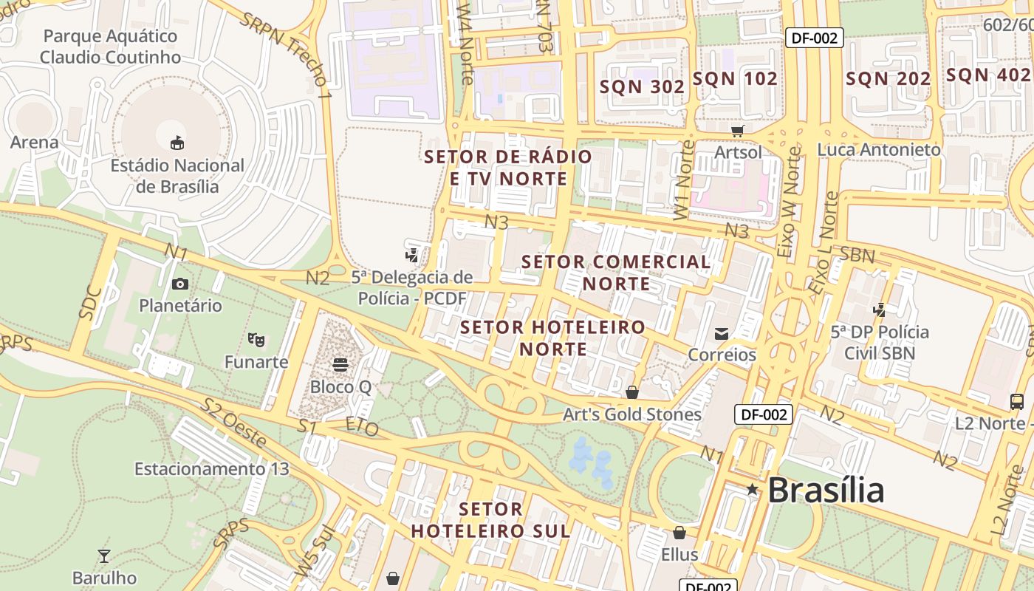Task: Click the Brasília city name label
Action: (825, 491)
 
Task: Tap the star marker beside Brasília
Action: (752, 489)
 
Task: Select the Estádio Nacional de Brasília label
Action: (177, 176)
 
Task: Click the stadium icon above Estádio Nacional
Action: (177, 143)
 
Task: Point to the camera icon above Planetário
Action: (179, 284)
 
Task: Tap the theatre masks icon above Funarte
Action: (256, 340)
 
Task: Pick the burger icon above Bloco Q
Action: (340, 364)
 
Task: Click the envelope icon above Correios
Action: (722, 334)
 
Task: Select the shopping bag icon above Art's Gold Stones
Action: (631, 392)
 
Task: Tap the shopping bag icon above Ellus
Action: (679, 532)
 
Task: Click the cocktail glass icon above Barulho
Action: (104, 556)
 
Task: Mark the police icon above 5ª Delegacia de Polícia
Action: (412, 256)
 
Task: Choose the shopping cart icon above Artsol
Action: (737, 131)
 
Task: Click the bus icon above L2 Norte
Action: (1017, 401)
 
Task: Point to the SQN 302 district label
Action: (642, 86)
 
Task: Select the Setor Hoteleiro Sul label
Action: (490, 520)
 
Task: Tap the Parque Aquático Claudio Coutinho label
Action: (110, 47)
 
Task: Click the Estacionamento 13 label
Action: (211, 469)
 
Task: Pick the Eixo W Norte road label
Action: (788, 202)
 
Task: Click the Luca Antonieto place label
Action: (879, 150)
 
